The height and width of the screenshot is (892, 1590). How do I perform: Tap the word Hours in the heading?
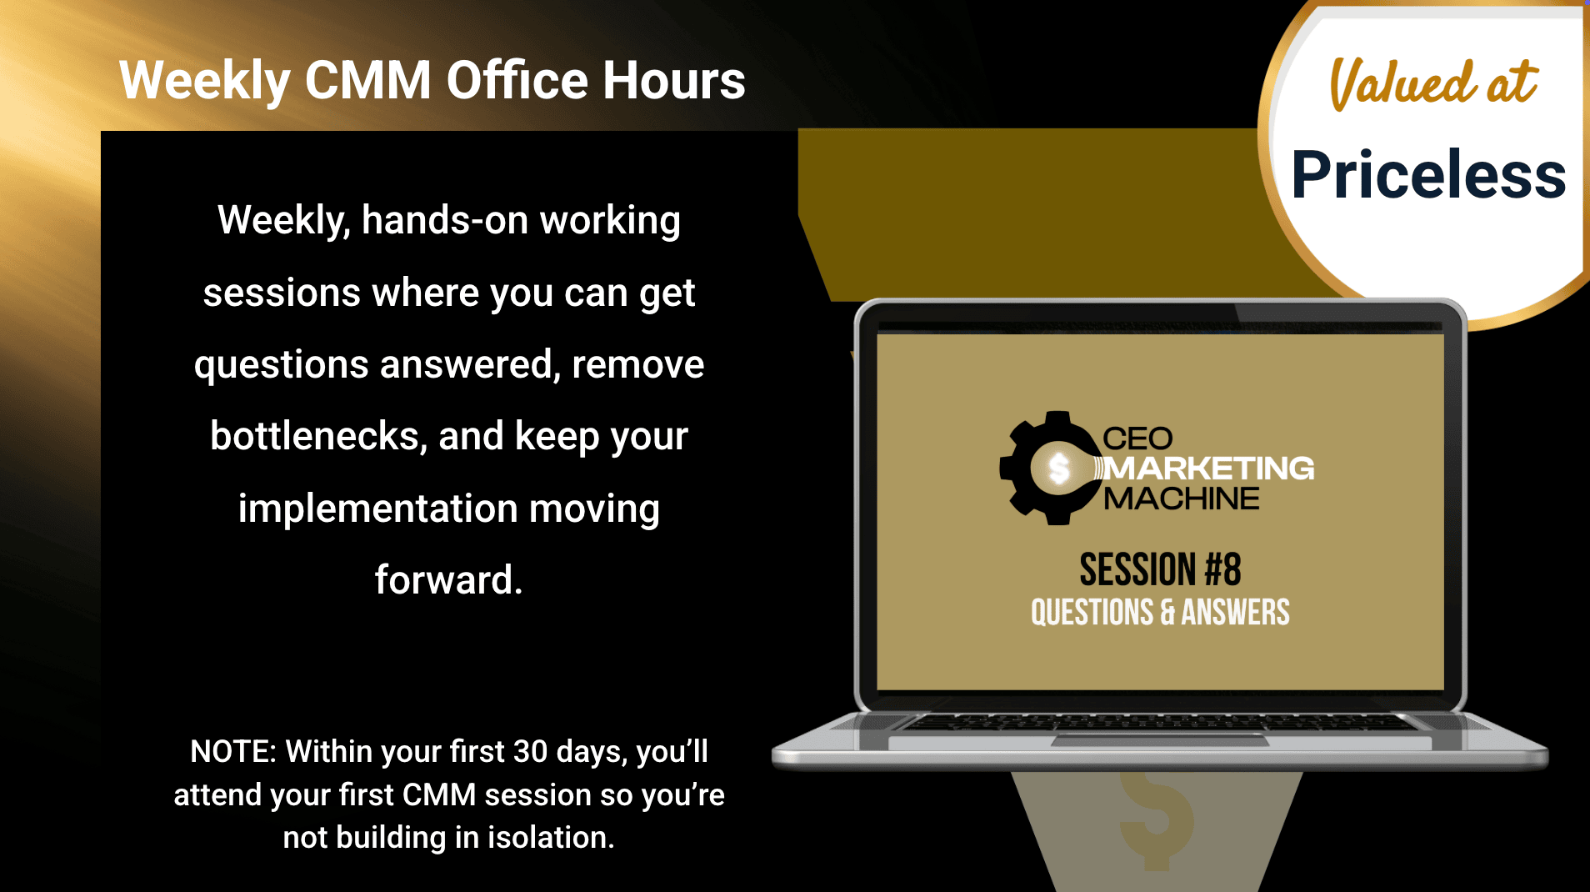pos(674,80)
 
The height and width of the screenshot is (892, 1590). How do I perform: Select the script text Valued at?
pos(1433,83)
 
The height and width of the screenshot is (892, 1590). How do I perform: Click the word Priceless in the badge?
pos(1428,174)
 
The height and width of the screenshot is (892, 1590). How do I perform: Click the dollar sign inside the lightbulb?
pos(1059,469)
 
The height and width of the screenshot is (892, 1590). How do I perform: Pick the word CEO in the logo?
pos(1137,438)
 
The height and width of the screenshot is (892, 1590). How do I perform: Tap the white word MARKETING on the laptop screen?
pos(1209,469)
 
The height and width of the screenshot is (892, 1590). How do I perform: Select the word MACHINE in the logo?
pos(1182,499)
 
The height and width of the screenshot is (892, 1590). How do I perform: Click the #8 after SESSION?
pos(1222,569)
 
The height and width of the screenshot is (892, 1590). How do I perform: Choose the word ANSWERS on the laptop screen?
pos(1235,612)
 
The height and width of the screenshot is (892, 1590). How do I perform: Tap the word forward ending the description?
pos(448,579)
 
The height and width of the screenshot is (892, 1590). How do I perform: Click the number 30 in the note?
pos(530,751)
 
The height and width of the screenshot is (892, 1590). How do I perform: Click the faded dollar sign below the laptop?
pos(1156,821)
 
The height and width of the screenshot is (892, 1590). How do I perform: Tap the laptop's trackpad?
pos(1159,739)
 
